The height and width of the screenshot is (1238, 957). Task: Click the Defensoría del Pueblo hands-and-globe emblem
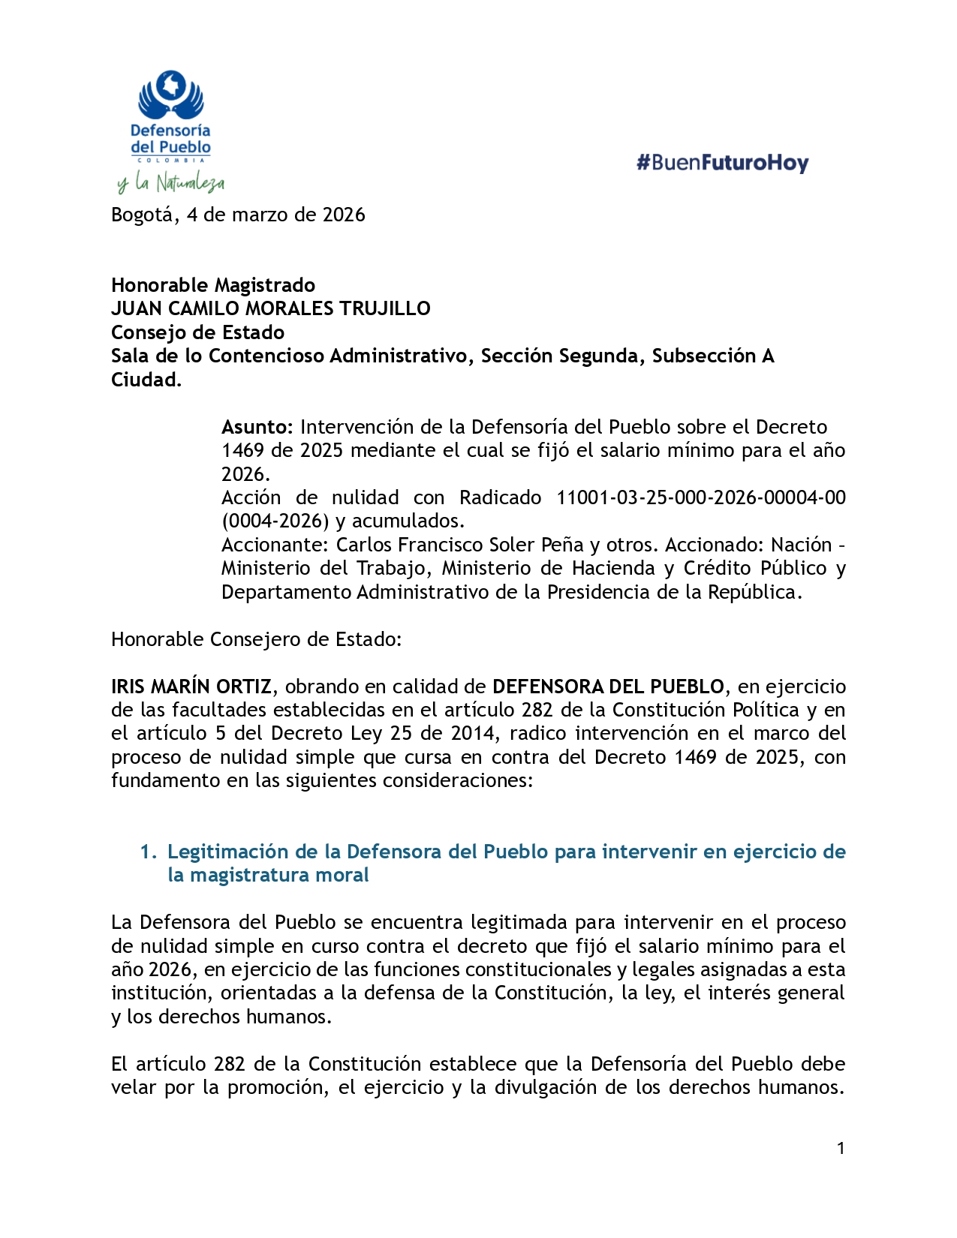pyautogui.click(x=171, y=95)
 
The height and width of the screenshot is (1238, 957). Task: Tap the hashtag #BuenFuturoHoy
pyautogui.click(x=722, y=163)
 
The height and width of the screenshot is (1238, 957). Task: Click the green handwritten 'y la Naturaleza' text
pyautogui.click(x=171, y=182)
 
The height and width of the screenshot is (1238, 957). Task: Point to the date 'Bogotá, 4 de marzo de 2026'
pyautogui.click(x=238, y=215)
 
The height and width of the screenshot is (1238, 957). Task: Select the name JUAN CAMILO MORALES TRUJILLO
pyautogui.click(x=271, y=308)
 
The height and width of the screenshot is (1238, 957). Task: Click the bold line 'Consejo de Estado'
pyautogui.click(x=197, y=332)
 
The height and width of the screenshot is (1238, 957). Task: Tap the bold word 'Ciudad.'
pyautogui.click(x=146, y=380)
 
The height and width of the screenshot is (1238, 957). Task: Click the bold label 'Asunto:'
pyautogui.click(x=257, y=427)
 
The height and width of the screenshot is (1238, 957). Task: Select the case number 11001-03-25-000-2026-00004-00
pyautogui.click(x=700, y=497)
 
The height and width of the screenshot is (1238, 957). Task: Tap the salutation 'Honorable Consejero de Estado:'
pyautogui.click(x=257, y=639)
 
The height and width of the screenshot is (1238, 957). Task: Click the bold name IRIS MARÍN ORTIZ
pyautogui.click(x=191, y=687)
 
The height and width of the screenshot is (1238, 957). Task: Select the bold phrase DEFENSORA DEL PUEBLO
pyautogui.click(x=608, y=687)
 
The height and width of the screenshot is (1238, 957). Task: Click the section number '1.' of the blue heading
pyautogui.click(x=149, y=852)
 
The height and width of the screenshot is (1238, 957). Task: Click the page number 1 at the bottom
pyautogui.click(x=841, y=1148)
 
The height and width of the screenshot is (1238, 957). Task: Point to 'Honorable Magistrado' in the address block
pyautogui.click(x=213, y=285)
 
